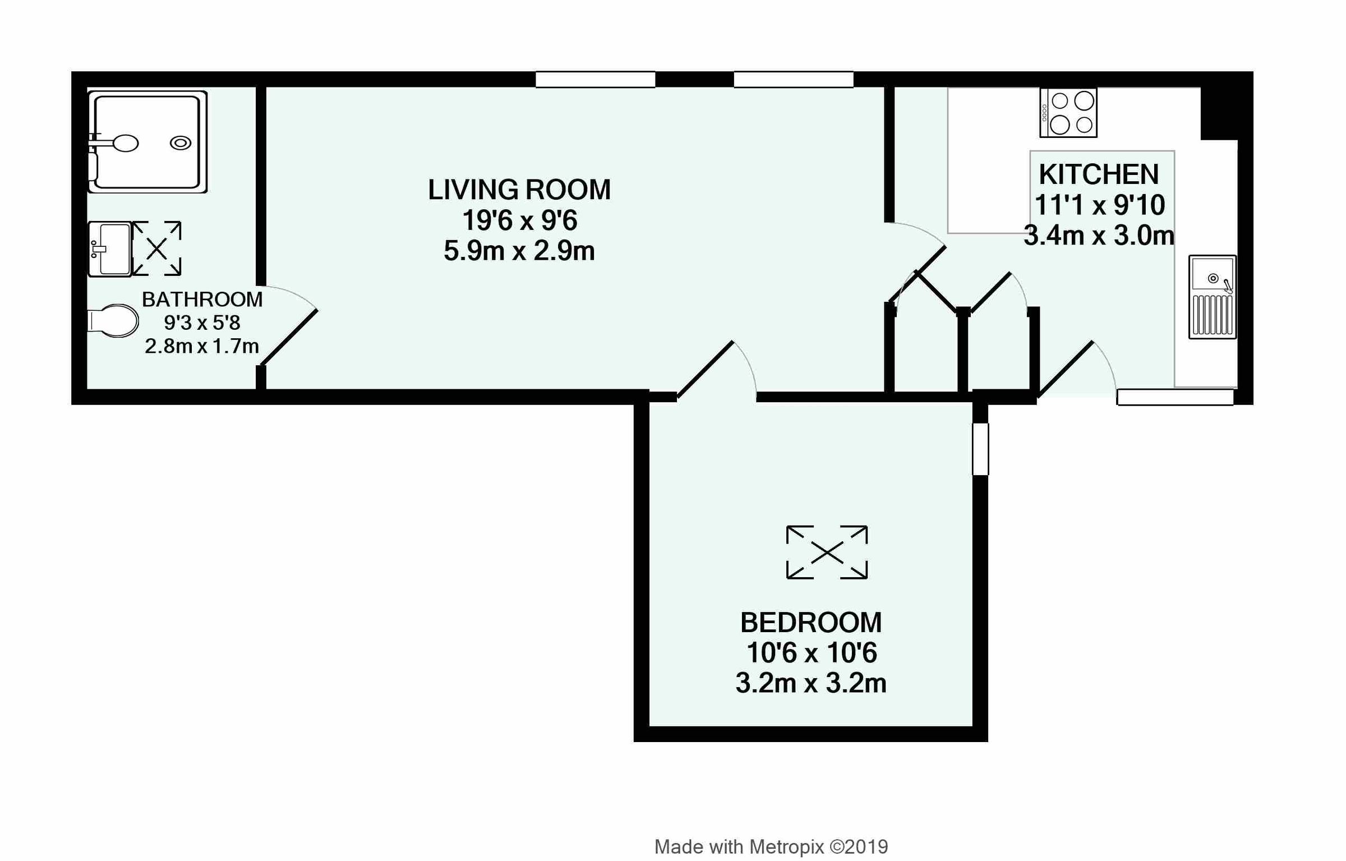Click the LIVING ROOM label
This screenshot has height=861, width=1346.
point(519,190)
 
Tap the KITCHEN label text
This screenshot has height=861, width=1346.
point(1098,174)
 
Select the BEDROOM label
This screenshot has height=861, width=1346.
point(810,622)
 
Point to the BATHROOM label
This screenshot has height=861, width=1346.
point(202,300)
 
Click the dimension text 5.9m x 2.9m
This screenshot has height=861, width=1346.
point(519,251)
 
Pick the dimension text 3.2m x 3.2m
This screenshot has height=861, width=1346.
point(810,683)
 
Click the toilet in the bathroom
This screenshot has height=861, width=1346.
point(115,321)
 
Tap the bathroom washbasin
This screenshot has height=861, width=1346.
point(110,249)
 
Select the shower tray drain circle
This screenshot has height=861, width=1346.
point(181,143)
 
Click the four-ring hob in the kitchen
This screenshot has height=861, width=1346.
point(1068,113)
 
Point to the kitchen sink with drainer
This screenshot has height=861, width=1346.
point(1212,297)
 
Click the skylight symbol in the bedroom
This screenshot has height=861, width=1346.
point(827,552)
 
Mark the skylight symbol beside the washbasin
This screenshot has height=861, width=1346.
point(157,248)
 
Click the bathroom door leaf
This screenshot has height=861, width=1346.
point(289,338)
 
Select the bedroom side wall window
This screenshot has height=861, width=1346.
point(980,449)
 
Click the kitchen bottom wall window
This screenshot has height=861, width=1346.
point(1175,397)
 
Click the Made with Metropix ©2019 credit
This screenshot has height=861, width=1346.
point(771,846)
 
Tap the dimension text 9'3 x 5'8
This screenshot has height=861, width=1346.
point(202,323)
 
